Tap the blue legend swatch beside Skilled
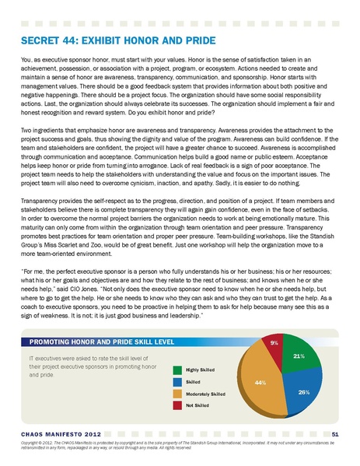point(177,382)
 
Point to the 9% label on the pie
point(274,342)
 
